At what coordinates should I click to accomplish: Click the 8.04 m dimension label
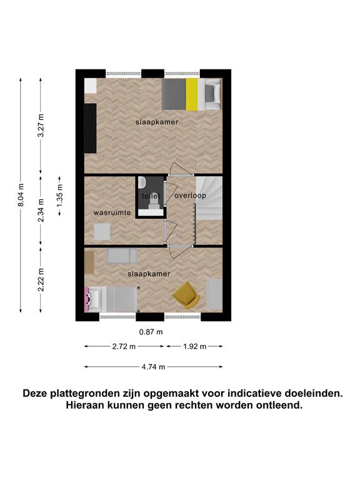(21, 195)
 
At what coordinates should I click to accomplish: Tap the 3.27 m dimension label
(41, 126)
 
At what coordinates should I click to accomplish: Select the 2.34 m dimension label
(41, 210)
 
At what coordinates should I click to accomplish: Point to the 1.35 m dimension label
(60, 195)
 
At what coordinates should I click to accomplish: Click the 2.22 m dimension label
(41, 280)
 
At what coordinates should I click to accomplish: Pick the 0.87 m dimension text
(151, 332)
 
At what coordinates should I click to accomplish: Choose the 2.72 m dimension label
(124, 346)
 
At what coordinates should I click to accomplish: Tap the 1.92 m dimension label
(195, 346)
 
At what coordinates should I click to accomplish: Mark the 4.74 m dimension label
(153, 367)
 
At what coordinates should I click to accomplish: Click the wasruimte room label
(112, 212)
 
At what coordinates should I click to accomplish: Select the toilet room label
(151, 196)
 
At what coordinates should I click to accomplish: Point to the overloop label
(190, 195)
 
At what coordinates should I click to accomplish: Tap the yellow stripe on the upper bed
(192, 94)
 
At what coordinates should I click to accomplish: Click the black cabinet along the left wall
(90, 128)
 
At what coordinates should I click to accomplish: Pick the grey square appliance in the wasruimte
(102, 232)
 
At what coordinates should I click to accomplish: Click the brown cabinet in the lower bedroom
(89, 262)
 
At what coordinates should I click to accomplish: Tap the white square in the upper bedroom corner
(90, 86)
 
